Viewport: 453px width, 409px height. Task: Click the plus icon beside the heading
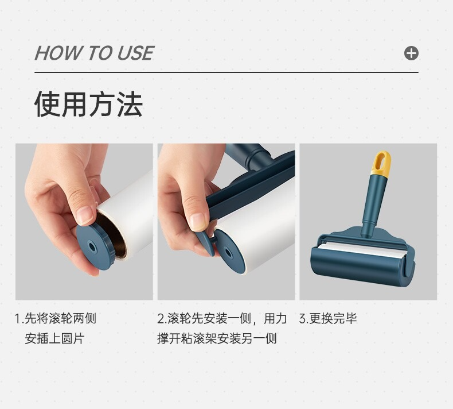[x=411, y=53]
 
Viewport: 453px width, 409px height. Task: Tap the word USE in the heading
[x=135, y=53]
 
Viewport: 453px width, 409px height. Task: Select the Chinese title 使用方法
[x=88, y=104]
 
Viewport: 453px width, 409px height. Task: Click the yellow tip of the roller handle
[x=381, y=163]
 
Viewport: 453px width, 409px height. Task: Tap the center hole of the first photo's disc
[x=92, y=247]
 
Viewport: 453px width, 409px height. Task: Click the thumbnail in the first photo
[x=85, y=215]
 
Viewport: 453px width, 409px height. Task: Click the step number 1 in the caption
[x=18, y=319]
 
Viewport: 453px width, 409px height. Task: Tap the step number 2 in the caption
[x=161, y=319]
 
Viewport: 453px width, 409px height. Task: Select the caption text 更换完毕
[x=333, y=318]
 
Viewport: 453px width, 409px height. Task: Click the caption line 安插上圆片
[x=54, y=338]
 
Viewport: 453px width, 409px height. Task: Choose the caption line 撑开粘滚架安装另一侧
[x=217, y=338]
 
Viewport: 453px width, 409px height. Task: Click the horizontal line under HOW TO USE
[x=226, y=72]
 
